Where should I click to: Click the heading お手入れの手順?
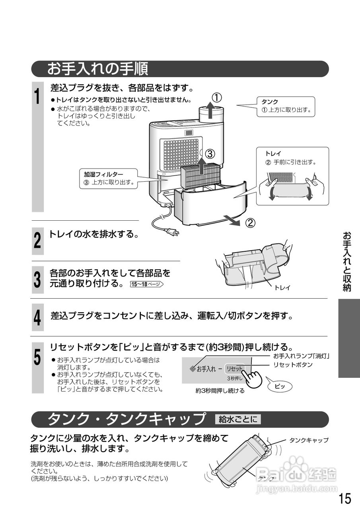97,69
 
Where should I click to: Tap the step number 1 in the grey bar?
37,97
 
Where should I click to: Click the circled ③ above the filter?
210,153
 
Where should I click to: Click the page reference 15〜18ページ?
146,284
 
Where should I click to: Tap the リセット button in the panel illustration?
234,369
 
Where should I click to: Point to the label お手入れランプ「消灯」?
301,356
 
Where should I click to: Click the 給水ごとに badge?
237,419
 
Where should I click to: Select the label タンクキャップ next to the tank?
308,440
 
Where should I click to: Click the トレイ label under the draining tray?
282,288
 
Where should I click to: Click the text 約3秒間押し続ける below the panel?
220,391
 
